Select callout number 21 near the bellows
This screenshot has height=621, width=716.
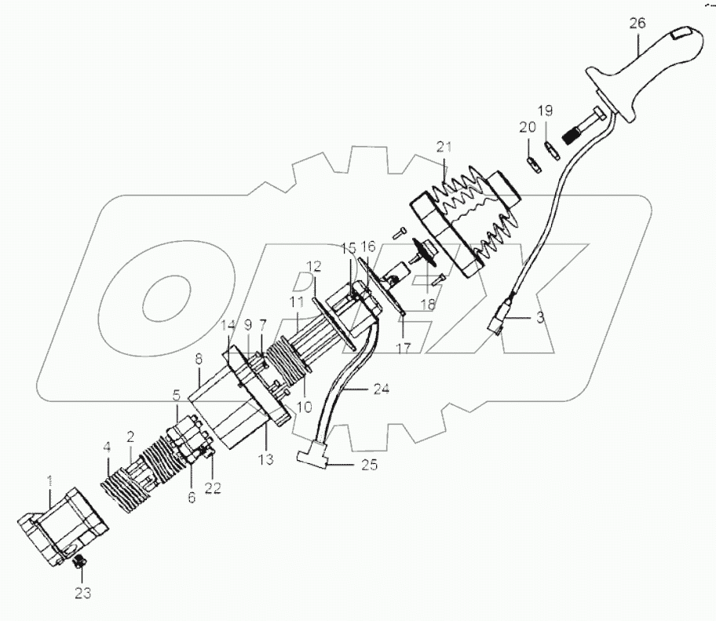click(x=445, y=147)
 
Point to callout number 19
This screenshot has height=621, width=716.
click(x=546, y=109)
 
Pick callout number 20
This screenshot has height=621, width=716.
click(x=527, y=126)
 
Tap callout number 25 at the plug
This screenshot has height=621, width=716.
click(x=368, y=465)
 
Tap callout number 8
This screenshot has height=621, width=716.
click(x=199, y=357)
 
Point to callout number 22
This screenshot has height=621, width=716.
click(x=214, y=488)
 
